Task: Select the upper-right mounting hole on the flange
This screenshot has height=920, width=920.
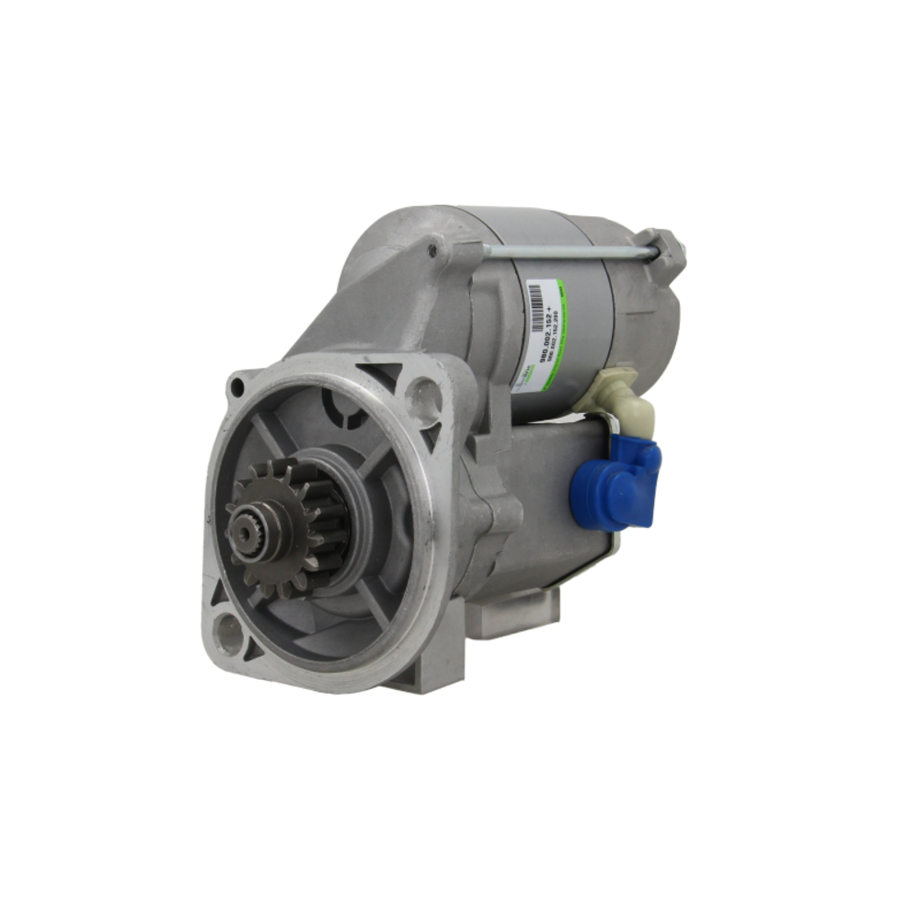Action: [x=424, y=395]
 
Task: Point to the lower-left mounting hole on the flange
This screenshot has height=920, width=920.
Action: [x=227, y=634]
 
